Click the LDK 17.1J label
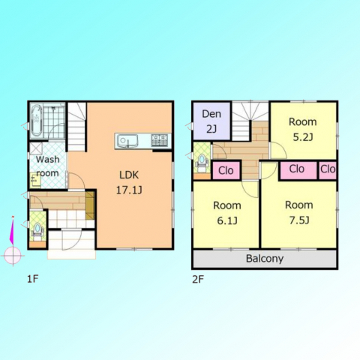(129, 183)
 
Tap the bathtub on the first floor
(37, 121)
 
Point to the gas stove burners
(159, 140)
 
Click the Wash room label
(47, 166)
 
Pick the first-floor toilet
(37, 230)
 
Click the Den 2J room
(211, 121)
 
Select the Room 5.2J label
(303, 130)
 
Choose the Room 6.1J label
(227, 213)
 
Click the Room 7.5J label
(299, 212)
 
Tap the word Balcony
(265, 259)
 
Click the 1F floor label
(32, 279)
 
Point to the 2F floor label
(198, 279)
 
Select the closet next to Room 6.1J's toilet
(226, 171)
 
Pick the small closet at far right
(328, 171)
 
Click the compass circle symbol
(13, 256)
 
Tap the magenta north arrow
(12, 230)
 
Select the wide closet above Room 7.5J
(298, 171)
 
